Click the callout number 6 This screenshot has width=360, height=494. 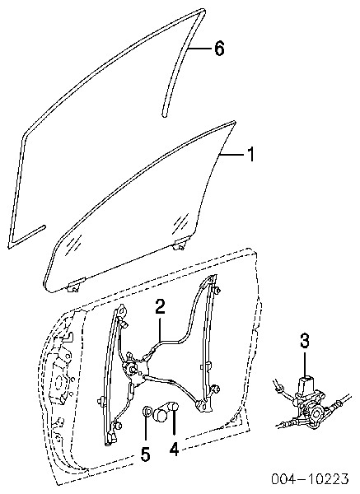tap(219, 49)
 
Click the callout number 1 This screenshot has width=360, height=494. tap(250, 155)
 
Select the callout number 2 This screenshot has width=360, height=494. tap(160, 307)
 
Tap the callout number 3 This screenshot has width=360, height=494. tap(305, 342)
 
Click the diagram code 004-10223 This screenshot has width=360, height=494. tap(311, 479)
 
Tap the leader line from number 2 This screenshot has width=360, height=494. tap(160, 329)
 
